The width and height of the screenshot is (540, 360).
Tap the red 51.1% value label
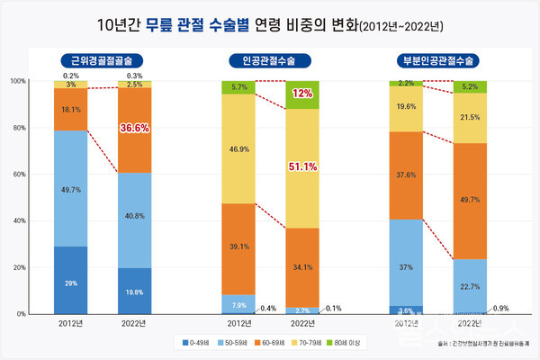[x=301, y=166]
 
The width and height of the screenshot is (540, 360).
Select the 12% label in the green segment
[x=301, y=94]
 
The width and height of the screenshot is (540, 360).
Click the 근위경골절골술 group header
[x=101, y=61]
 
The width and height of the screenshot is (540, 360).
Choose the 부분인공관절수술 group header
[x=438, y=61]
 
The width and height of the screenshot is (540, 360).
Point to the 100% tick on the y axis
[x=17, y=81]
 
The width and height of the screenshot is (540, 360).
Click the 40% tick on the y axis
[x=18, y=221]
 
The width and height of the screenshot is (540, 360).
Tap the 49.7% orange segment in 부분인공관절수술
[x=469, y=201]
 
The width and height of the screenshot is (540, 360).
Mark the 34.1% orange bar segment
[x=301, y=266]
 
